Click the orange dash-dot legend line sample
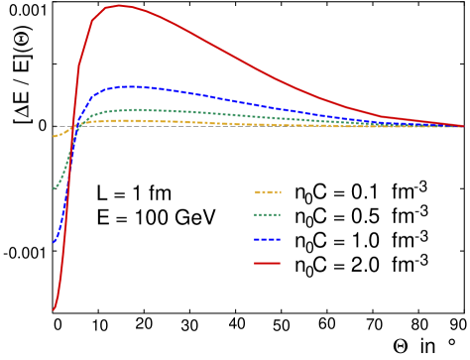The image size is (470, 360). [x=268, y=192]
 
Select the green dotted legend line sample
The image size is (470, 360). [x=268, y=215]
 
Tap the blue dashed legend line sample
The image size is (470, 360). [x=268, y=239]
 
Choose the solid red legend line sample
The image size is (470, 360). [x=268, y=263]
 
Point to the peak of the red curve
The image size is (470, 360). [x=118, y=6]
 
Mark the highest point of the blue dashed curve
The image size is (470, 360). [x=127, y=86]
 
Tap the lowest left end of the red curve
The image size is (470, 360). [x=54, y=309]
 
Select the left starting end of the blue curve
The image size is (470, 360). [x=54, y=242]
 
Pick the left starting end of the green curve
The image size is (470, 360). [x=54, y=188]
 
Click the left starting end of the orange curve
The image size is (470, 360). [x=54, y=137]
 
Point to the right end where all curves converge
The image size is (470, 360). [x=463, y=126]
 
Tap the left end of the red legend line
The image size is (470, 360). [x=255, y=263]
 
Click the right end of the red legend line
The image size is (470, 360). [x=281, y=263]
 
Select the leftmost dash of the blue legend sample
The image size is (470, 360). [x=257, y=239]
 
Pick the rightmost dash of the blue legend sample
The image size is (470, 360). [x=278, y=239]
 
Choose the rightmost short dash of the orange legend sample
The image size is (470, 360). [x=280, y=192]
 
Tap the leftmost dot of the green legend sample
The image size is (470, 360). [x=256, y=215]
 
